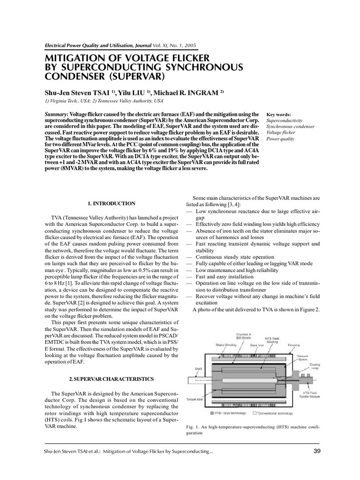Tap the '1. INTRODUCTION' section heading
tap(112, 203)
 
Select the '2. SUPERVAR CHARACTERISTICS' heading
tap(112, 378)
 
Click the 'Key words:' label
tap(278, 114)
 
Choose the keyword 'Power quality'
tap(281, 139)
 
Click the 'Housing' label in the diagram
tap(294, 345)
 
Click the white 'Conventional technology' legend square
tap(254, 413)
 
